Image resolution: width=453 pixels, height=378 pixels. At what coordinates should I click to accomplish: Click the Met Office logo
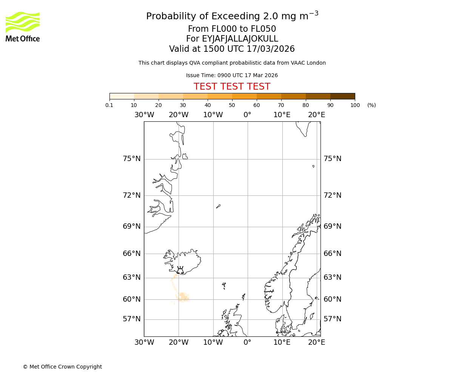[23, 26]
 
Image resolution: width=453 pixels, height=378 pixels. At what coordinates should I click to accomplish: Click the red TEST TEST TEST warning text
[232, 87]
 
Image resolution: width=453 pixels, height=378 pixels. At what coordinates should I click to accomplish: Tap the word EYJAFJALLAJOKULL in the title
[232, 39]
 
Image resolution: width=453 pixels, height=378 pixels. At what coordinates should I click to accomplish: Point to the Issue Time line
[232, 76]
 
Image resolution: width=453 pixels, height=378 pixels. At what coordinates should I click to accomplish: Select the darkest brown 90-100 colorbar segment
[342, 96]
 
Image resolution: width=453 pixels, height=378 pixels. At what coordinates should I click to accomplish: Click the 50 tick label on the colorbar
[232, 105]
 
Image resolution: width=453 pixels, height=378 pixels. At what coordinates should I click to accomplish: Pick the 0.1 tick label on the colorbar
[109, 105]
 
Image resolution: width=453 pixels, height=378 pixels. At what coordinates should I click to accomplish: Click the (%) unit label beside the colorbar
[371, 105]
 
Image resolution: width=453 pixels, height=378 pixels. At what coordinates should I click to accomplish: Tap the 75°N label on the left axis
[132, 159]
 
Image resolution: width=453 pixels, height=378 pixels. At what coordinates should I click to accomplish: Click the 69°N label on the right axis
[332, 226]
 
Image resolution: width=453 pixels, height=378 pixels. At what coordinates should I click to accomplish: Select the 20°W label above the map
[179, 115]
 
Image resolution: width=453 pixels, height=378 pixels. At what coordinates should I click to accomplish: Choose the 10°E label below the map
[282, 342]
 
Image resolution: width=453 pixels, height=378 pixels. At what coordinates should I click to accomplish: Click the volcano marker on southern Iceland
[180, 270]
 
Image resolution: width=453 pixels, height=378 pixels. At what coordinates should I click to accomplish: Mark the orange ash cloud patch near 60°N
[183, 297]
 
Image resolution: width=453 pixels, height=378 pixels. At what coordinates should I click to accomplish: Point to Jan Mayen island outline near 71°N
[218, 206]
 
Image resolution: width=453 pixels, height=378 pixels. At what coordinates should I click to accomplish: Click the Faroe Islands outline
[224, 285]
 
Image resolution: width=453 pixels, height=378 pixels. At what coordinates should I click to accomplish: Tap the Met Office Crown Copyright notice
[62, 367]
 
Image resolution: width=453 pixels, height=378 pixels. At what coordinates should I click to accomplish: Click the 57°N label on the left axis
[132, 319]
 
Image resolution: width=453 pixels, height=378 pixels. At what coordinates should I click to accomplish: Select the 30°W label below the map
[144, 342]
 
